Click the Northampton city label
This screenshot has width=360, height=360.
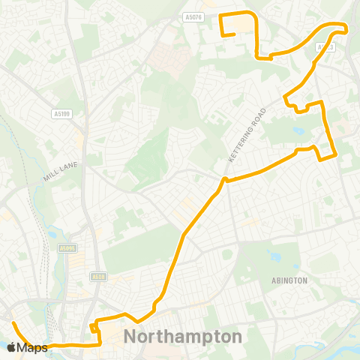pyautogui.click(x=182, y=336)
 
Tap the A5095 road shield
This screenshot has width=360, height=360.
pyautogui.click(x=67, y=248)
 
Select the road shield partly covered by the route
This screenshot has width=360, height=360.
pyautogui.click(x=325, y=47)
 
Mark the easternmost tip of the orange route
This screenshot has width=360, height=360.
pyautogui.click(x=346, y=28)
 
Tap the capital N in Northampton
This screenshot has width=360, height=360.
pyautogui.click(x=130, y=336)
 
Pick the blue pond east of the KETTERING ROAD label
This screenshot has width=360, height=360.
pyautogui.click(x=300, y=130)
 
